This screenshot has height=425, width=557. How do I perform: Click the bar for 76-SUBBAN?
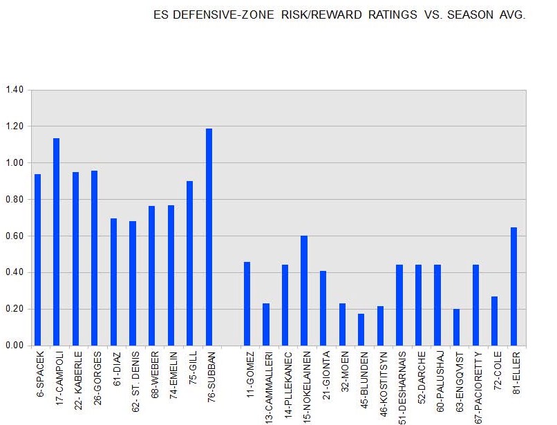pyautogui.click(x=209, y=237)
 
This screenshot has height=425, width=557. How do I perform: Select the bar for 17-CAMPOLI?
pyautogui.click(x=57, y=242)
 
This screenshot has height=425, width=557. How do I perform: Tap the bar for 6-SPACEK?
pyautogui.click(x=37, y=260)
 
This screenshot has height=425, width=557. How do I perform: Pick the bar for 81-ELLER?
pyautogui.click(x=513, y=286)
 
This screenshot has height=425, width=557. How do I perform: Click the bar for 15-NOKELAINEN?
pyautogui.click(x=304, y=290)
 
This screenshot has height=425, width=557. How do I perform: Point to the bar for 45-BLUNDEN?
pyautogui.click(x=361, y=330)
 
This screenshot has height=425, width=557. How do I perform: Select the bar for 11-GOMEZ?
pyautogui.click(x=247, y=303)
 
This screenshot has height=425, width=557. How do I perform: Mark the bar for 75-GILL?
pyautogui.click(x=189, y=263)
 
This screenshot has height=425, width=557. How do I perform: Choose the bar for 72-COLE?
pyautogui.click(x=494, y=321)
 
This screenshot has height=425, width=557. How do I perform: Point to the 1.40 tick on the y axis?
pyautogui.click(x=15, y=90)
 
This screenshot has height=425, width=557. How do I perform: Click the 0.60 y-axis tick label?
pyautogui.click(x=15, y=236)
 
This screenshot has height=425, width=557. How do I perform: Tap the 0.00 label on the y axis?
pyautogui.click(x=15, y=346)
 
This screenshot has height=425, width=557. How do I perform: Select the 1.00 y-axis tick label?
pyautogui.click(x=15, y=163)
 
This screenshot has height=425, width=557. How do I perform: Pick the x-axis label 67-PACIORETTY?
pyautogui.click(x=475, y=387)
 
